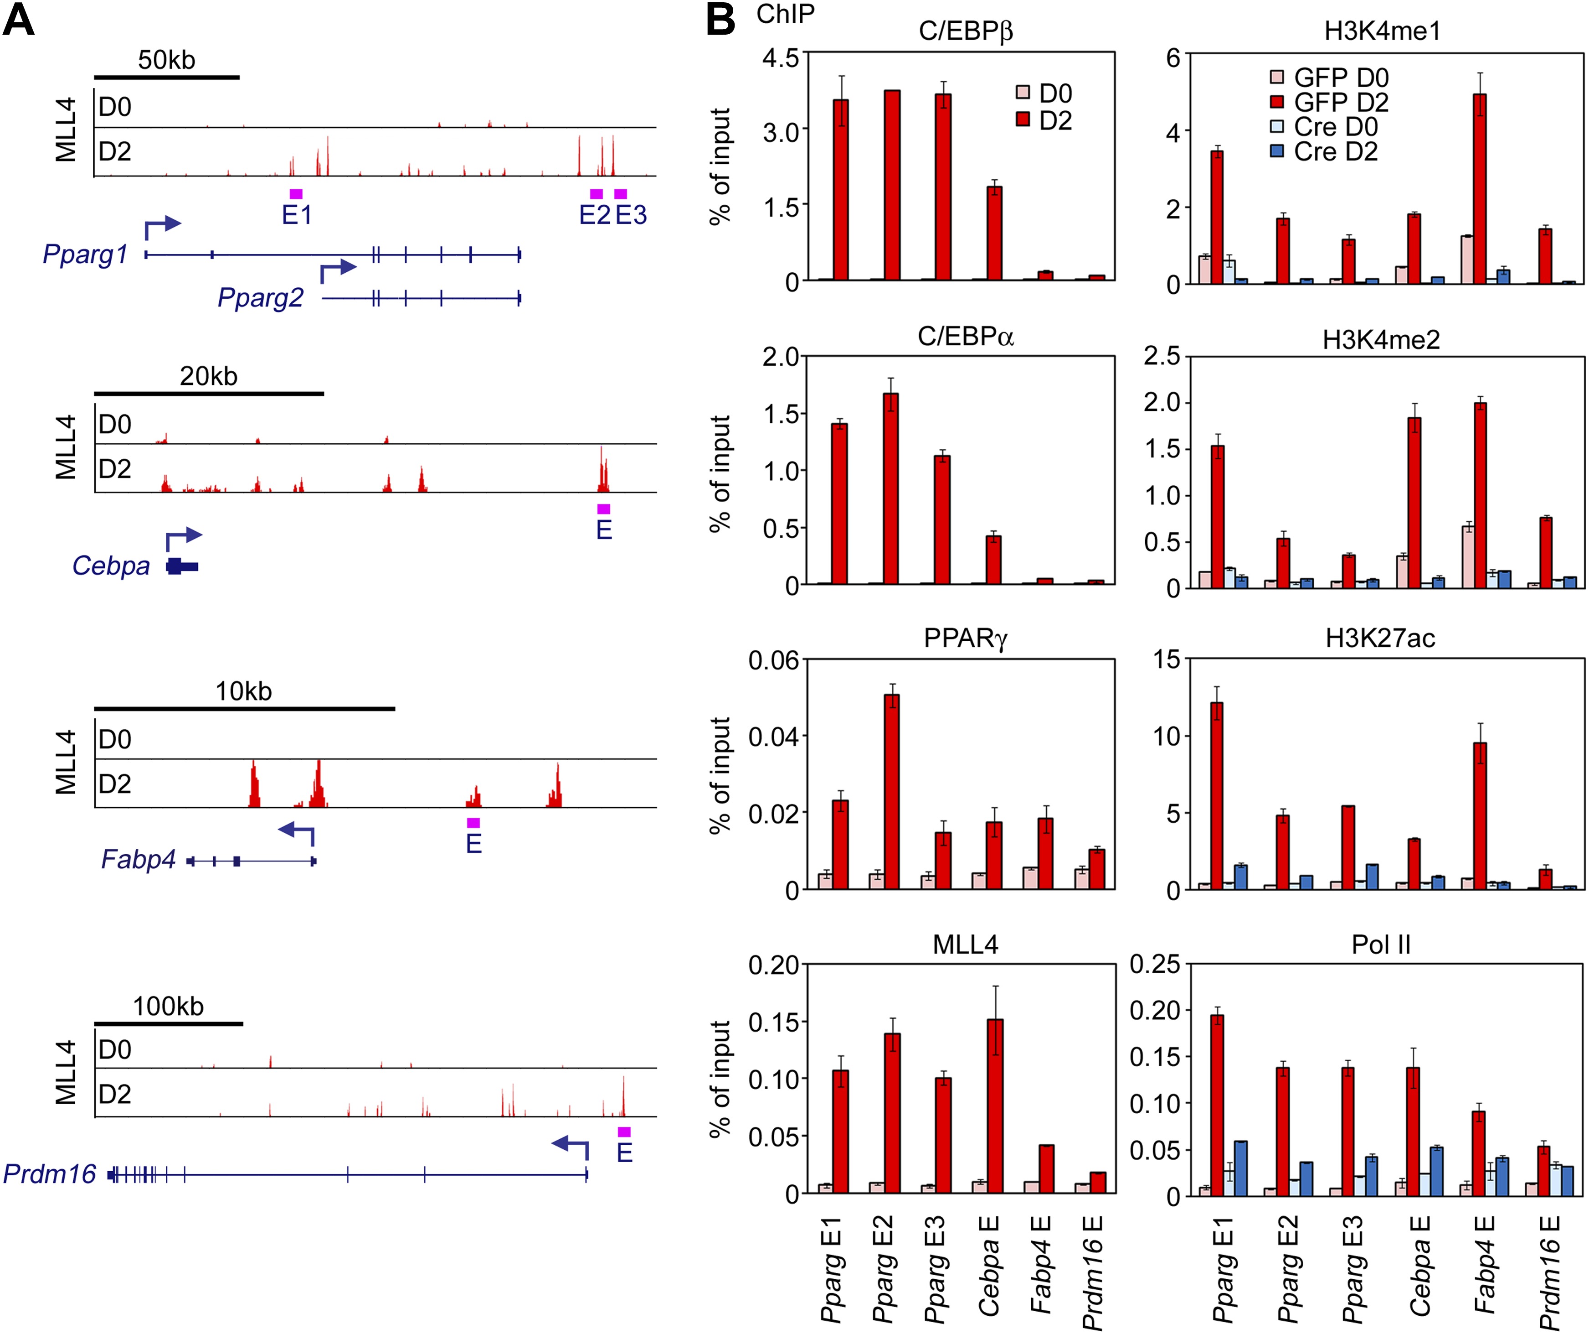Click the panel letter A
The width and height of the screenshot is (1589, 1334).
pyautogui.click(x=19, y=21)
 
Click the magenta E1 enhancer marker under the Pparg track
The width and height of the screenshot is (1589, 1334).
pyautogui.click(x=296, y=194)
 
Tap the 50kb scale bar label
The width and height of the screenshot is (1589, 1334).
pyautogui.click(x=166, y=60)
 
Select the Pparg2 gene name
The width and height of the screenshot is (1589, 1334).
pyautogui.click(x=260, y=297)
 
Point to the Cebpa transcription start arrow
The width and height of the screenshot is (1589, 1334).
pyautogui.click(x=184, y=538)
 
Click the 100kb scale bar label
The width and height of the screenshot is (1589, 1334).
pyautogui.click(x=168, y=1006)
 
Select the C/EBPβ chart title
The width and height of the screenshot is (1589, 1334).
pyautogui.click(x=966, y=31)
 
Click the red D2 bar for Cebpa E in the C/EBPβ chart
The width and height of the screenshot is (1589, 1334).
pyautogui.click(x=994, y=233)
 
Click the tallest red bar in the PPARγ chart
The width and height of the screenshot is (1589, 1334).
pyautogui.click(x=891, y=791)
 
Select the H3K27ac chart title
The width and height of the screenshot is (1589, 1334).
pyautogui.click(x=1380, y=638)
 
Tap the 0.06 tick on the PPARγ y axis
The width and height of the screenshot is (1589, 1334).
pyautogui.click(x=773, y=660)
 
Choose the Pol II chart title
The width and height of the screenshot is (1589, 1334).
pyautogui.click(x=1381, y=944)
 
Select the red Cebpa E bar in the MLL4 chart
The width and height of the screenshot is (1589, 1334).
pyautogui.click(x=995, y=1106)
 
